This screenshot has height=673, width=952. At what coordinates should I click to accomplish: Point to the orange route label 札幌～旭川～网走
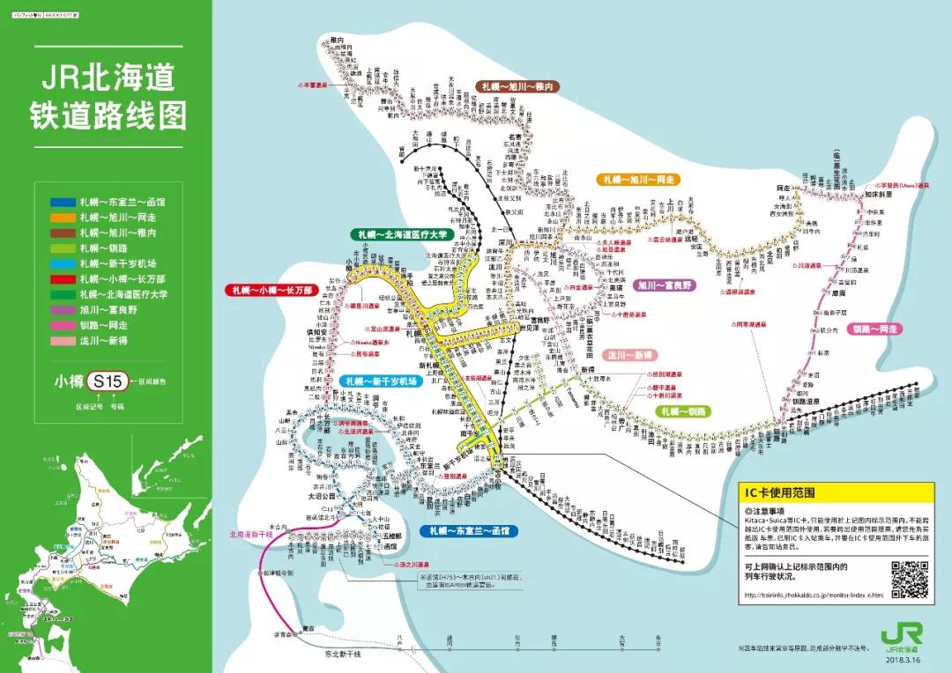pyautogui.click(x=638, y=179)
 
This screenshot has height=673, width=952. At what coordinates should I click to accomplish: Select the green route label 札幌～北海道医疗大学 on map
pyautogui.click(x=401, y=234)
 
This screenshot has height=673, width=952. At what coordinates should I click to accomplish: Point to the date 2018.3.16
pyautogui.click(x=901, y=658)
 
